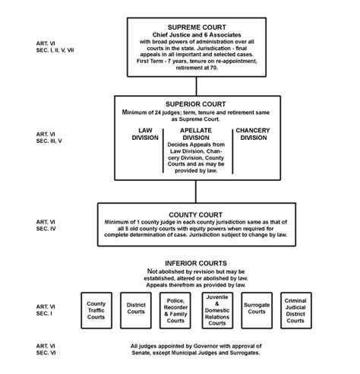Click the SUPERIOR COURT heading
[x=197, y=103]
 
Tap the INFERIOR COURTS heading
[x=197, y=263]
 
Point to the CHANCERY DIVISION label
[x=252, y=135]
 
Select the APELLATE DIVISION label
[x=196, y=135]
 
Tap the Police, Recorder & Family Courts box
[x=177, y=309]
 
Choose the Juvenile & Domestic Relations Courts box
[x=217, y=309]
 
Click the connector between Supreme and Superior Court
[x=196, y=85]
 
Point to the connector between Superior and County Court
[x=196, y=190]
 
